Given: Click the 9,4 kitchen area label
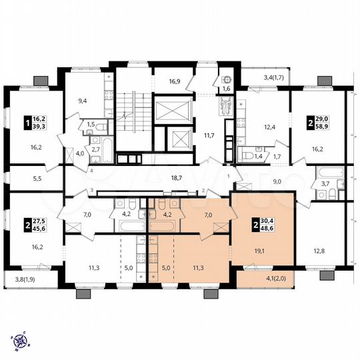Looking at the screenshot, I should (x=83, y=101).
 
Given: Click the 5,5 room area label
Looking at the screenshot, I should (x=19, y=179).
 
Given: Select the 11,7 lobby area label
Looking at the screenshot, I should (x=207, y=135).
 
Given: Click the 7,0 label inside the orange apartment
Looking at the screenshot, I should (x=207, y=215).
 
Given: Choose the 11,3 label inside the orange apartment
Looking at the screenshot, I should (x=198, y=269).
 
